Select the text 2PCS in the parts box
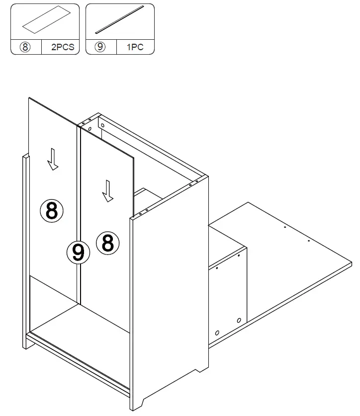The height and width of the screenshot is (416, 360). click(x=61, y=48)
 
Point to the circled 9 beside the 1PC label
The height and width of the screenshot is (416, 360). click(x=101, y=48)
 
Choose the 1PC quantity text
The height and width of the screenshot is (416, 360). click(x=136, y=48)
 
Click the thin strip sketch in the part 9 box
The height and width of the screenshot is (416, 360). click(x=120, y=20)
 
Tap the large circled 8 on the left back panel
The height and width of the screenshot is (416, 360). click(x=52, y=211)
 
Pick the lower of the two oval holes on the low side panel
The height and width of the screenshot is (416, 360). click(x=217, y=332)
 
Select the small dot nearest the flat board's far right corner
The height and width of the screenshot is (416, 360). click(x=308, y=241)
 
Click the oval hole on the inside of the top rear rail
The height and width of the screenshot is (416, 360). click(x=90, y=129)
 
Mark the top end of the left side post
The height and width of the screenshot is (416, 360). click(x=26, y=158)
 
